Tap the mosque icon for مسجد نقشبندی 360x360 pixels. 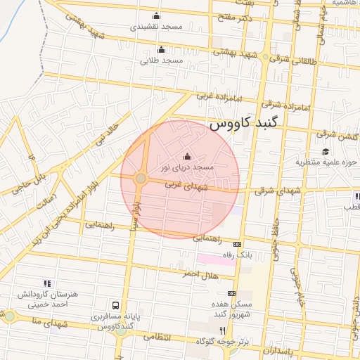coord(156,16)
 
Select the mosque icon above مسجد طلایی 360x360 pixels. coord(162,49)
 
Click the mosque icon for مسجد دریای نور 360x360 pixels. coord(186,157)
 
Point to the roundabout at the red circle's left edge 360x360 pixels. coord(141,179)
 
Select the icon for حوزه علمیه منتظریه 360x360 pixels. coord(325,151)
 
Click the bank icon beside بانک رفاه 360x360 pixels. coord(245,244)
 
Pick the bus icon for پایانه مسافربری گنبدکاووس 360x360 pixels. coord(115,306)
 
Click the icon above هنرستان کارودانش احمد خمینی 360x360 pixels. coord(46,283)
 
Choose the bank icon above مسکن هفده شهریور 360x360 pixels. coord(232,293)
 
